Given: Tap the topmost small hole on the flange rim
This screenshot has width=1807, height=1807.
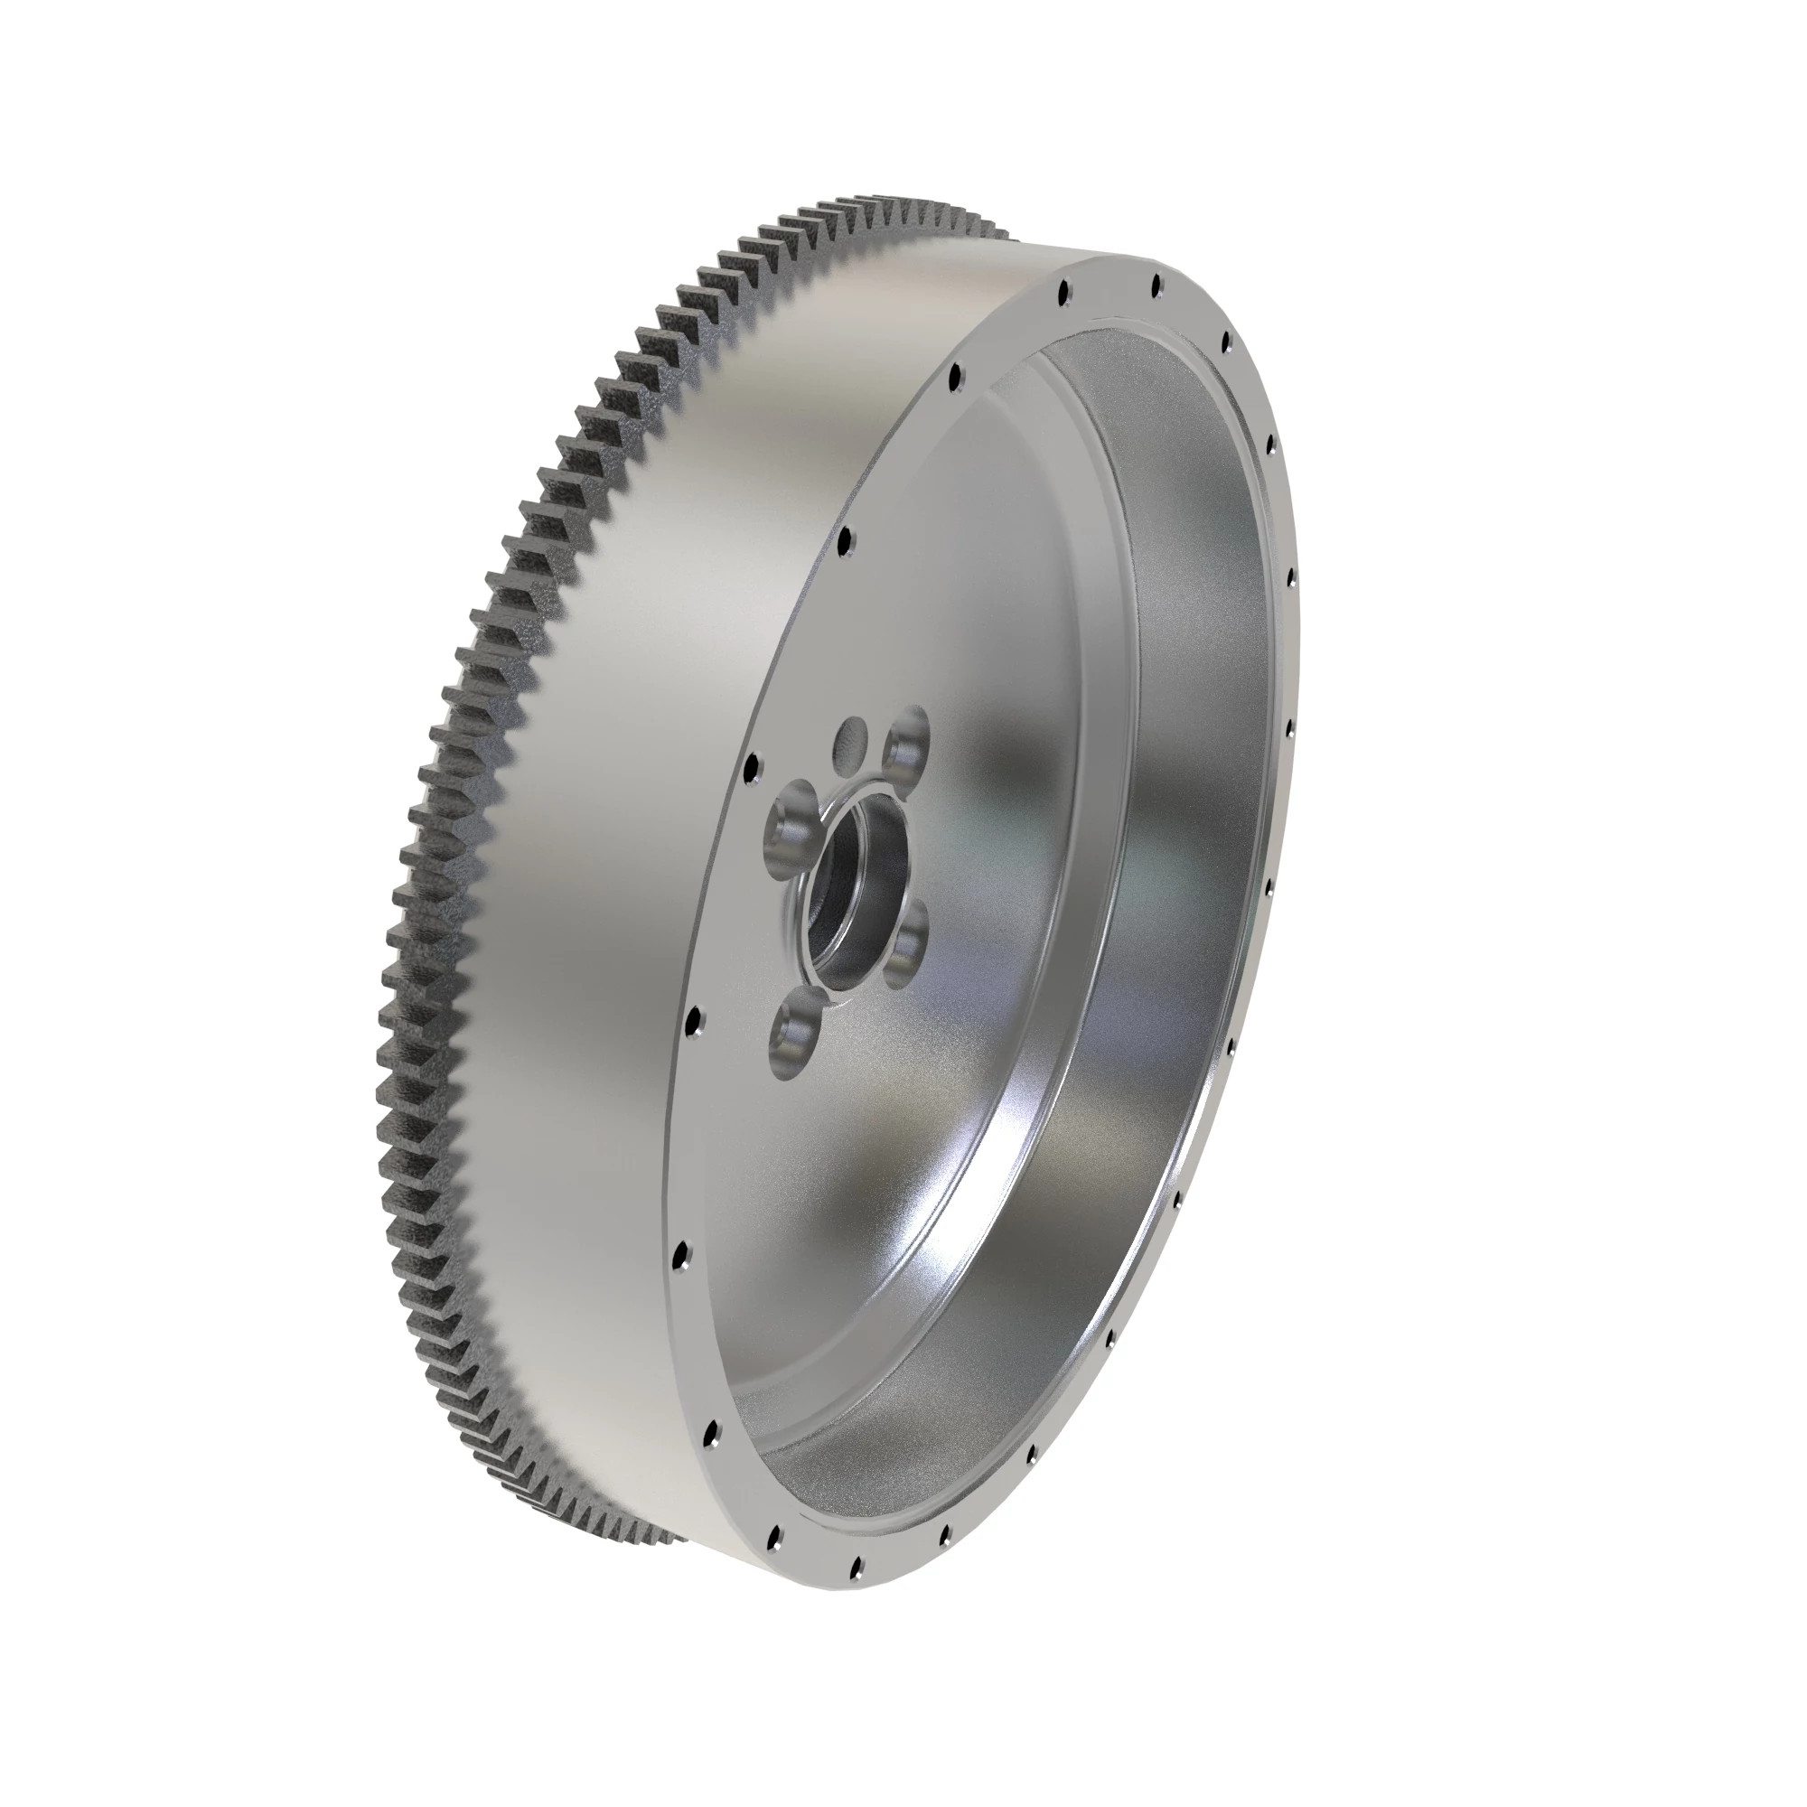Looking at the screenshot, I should (1157, 283).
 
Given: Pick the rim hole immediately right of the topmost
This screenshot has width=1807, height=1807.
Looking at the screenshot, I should (1225, 344).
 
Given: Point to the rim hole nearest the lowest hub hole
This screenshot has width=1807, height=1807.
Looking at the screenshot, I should (693, 1018).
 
